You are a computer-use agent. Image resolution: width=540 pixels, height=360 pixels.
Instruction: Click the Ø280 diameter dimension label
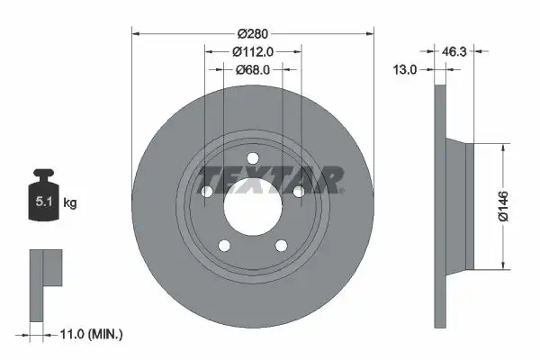coord(253,34)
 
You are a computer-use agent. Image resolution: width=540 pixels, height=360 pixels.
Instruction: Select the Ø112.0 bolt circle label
coord(253,51)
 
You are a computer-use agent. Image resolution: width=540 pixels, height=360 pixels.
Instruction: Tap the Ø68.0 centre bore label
coord(253,68)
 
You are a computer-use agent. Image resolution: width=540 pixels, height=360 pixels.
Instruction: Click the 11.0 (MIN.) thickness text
coord(90,333)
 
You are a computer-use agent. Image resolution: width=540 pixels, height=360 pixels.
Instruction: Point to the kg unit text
coord(70,203)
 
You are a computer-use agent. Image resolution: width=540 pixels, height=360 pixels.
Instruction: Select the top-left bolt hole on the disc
coord(207,192)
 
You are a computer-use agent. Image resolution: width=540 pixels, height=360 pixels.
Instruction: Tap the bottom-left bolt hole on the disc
coord(225,245)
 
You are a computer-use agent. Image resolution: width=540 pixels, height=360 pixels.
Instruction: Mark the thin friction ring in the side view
coord(440,207)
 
